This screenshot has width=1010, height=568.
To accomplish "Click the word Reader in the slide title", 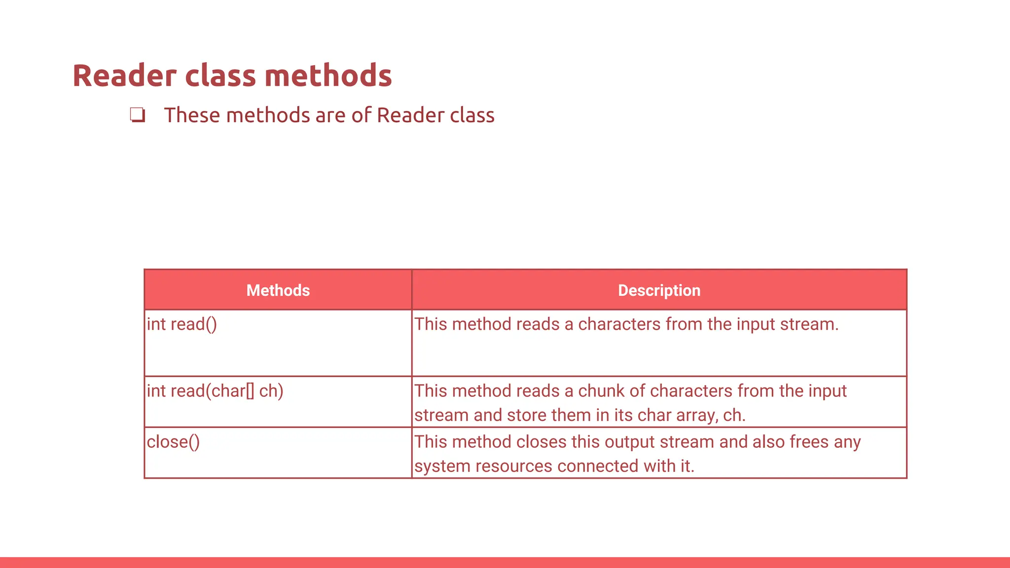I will coord(124,76).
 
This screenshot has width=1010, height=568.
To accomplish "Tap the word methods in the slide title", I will coord(328,76).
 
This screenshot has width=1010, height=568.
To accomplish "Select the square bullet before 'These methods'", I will coord(138,115).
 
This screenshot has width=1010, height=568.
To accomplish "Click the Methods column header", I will coord(278,290).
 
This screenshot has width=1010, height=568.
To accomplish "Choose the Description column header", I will coord(659,290).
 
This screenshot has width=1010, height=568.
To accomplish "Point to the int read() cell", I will coord(182,324).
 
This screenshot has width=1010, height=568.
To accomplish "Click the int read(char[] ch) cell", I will coord(215,391).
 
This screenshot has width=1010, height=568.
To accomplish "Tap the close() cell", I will coord(173,442).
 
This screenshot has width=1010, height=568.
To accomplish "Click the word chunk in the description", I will coord(601,391).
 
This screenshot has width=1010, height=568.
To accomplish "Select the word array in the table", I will coord(697,416).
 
